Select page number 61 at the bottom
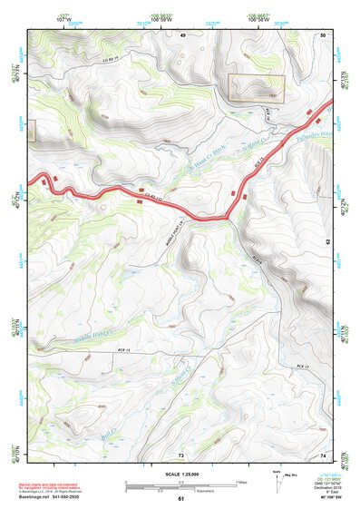181,499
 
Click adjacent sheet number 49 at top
182,34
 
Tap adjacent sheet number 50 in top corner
322,34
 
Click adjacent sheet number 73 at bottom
181,453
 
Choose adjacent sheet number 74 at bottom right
323,453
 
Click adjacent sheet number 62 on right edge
328,242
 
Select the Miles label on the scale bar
241,481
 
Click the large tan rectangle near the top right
256,89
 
